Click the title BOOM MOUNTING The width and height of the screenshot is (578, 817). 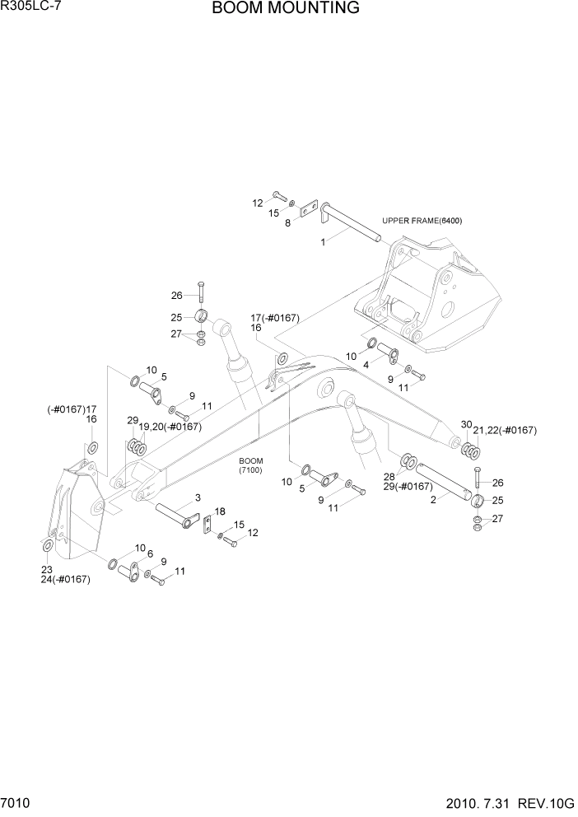click(x=285, y=9)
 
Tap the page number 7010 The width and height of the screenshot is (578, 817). click(x=16, y=802)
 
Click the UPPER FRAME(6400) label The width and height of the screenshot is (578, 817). click(x=422, y=221)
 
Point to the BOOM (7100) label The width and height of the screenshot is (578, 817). click(x=251, y=465)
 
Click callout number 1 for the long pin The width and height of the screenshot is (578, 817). click(x=324, y=242)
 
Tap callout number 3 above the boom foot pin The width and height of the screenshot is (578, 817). click(x=198, y=498)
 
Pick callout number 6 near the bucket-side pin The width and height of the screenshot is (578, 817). click(x=150, y=553)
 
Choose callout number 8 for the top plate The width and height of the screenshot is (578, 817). click(x=287, y=222)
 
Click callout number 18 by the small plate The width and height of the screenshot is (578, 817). click(x=220, y=511)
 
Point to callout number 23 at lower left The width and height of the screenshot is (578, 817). click(x=46, y=569)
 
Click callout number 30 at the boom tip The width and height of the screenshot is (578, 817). click(x=466, y=425)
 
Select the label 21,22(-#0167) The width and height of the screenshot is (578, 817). click(x=504, y=431)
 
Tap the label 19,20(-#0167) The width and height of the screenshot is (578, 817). click(x=170, y=427)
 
